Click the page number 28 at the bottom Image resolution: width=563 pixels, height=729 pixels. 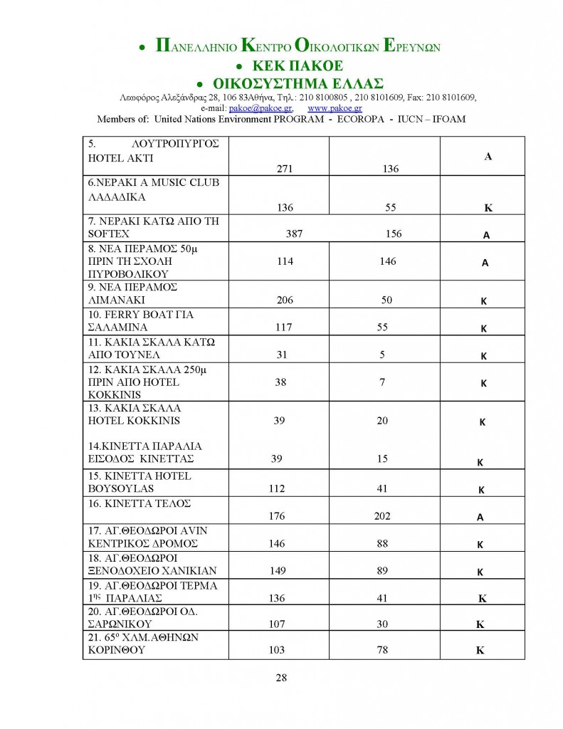[281, 677]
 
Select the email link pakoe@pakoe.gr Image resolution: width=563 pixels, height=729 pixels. [253, 108]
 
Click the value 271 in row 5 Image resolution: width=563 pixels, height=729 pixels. [285, 169]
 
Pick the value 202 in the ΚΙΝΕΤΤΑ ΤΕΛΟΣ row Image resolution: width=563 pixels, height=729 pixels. [382, 517]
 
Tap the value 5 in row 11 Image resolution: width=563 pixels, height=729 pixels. [382, 355]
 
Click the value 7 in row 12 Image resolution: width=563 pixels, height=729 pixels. [382, 382]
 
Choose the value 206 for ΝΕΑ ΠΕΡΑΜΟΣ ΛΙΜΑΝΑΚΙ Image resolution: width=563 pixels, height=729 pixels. [285, 300]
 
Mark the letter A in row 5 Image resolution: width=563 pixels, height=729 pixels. [488, 156]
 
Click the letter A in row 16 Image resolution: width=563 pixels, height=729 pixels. [480, 518]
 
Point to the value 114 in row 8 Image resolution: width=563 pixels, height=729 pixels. [285, 261]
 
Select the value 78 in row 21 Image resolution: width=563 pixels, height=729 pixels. [382, 650]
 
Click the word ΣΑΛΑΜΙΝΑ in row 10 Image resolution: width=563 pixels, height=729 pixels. [118, 327]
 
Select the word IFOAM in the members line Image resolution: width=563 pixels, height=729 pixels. [448, 119]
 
